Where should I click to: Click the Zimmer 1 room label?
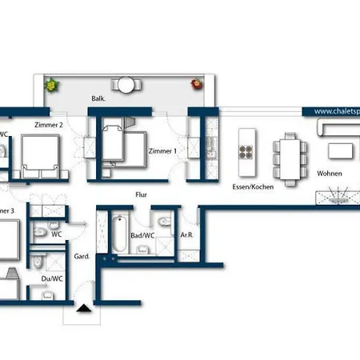pos(162,151)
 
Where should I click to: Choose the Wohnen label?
pos(329,174)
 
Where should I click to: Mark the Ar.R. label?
pos(186,235)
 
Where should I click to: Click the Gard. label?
pos(81,258)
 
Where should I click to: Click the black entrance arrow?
pos(84,310)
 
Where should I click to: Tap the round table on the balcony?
pos(126,84)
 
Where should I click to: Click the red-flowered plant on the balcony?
pos(195,82)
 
